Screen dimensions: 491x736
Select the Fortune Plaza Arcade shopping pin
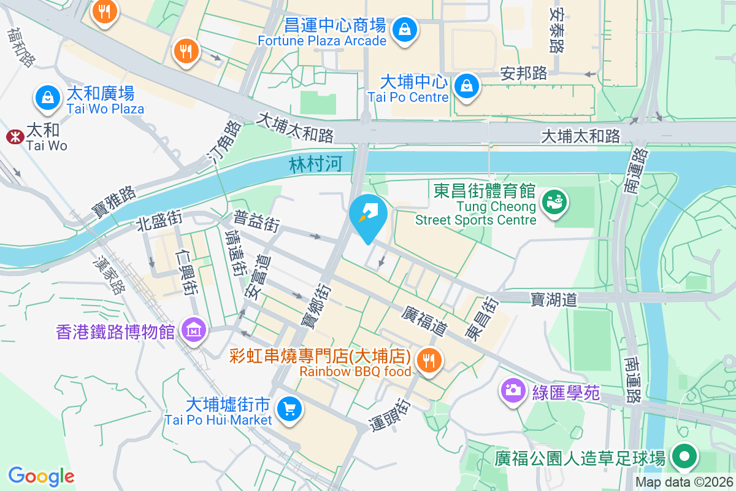tap(405, 29)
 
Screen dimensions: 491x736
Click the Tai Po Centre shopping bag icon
tap(467, 87)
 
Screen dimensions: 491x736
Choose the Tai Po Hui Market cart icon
tap(289, 408)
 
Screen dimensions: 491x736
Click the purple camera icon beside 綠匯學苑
tap(512, 389)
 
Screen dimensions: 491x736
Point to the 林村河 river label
tap(315, 164)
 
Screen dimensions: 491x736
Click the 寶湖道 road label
tap(554, 300)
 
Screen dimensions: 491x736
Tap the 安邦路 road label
tap(524, 74)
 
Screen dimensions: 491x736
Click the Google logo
tap(41, 476)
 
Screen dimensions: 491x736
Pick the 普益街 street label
tap(256, 222)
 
